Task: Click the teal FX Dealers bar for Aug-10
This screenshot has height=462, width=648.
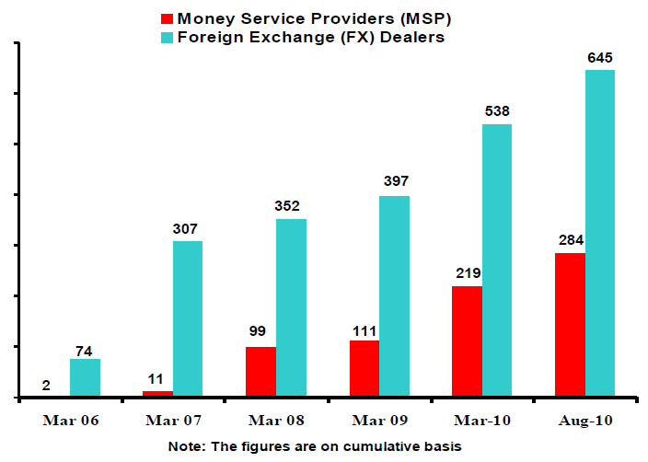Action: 600,234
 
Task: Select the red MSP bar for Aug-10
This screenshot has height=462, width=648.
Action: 571,325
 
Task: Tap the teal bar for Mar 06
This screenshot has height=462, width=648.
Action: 85,378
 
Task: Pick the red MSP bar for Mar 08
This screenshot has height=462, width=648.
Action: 261,372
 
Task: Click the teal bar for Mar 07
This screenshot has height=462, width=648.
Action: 188,319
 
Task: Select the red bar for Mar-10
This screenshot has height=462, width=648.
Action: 468,341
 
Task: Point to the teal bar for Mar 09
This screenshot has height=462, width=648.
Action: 394,296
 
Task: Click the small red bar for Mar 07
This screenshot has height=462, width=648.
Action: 157,394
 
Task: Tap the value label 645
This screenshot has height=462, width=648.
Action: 600,58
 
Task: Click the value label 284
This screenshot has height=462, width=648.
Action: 570,241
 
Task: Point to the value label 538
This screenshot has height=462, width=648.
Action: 497,111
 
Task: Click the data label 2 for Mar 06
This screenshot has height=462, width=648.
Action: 45,387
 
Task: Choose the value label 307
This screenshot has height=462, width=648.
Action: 187,229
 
